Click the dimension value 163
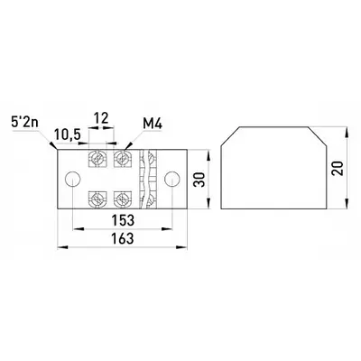(123, 238)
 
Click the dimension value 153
(123, 220)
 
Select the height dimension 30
(199, 180)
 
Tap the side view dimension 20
(337, 169)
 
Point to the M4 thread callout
(153, 124)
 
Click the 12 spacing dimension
(101, 118)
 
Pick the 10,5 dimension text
(68, 134)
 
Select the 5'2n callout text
(24, 123)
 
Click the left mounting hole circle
(73, 179)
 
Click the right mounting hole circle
(172, 179)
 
